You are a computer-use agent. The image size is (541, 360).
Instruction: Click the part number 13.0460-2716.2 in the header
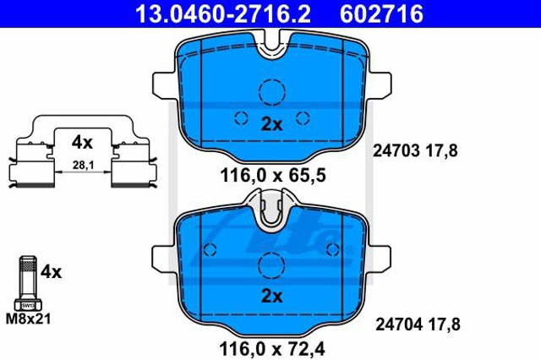pyautogui.click(x=223, y=14)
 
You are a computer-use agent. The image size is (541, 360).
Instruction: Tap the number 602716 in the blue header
pyautogui.click(x=381, y=14)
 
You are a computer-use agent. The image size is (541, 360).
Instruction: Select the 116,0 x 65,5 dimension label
pyautogui.click(x=272, y=176)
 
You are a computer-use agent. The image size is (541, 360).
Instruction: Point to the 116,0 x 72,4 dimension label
pyautogui.click(x=272, y=349)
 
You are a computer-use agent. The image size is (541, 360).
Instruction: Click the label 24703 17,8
pyautogui.click(x=415, y=150)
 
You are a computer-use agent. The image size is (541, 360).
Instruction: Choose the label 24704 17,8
pyautogui.click(x=418, y=325)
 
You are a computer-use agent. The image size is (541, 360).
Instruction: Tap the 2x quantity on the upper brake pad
pyautogui.click(x=271, y=124)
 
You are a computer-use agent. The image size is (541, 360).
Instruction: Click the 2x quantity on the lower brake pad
pyautogui.click(x=271, y=296)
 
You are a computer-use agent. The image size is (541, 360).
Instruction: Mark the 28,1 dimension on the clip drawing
pyautogui.click(x=83, y=165)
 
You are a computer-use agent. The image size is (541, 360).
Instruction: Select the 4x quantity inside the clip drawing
pyautogui.click(x=82, y=142)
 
